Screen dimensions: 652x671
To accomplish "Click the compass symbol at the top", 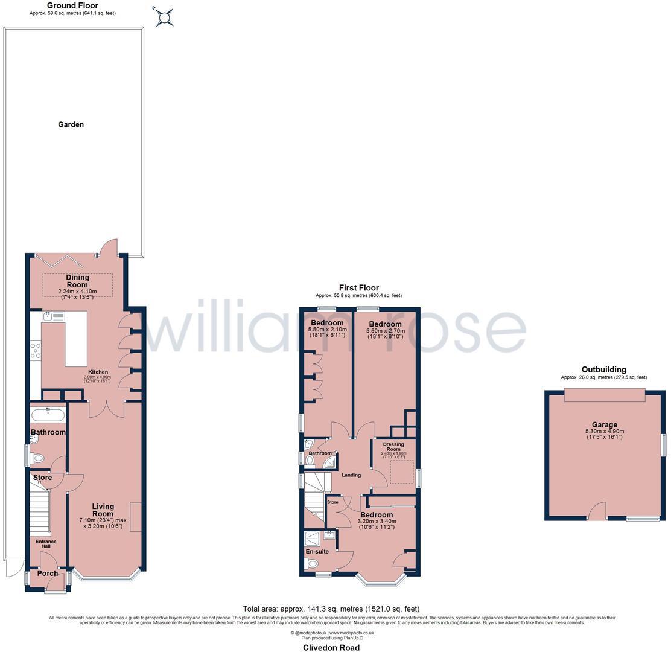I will [164, 17].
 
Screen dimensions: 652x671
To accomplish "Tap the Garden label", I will [71, 124].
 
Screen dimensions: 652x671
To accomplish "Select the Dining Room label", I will [77, 281].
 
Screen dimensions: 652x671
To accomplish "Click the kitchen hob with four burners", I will [36, 351].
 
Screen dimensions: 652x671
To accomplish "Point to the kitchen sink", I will [48, 316].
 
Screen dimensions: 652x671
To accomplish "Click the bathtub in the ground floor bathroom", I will [48, 415].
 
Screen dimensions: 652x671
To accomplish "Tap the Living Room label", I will [103, 510].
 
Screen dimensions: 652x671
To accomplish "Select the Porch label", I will [48, 574].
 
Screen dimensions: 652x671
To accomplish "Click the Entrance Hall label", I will [46, 544].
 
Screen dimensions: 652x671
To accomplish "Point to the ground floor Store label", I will [42, 478].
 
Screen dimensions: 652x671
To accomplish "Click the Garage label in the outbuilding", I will [604, 424].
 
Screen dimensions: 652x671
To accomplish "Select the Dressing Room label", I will [393, 447].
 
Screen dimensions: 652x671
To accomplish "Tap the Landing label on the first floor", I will [351, 475].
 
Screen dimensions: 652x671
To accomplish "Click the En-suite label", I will [317, 551].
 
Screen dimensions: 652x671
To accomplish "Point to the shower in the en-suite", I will [312, 539].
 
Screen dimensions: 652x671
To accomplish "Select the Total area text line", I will [331, 609].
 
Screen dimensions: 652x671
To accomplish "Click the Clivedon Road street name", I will [331, 647].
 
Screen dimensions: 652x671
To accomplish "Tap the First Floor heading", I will [358, 288].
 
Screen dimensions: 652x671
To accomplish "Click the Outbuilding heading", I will [603, 369].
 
